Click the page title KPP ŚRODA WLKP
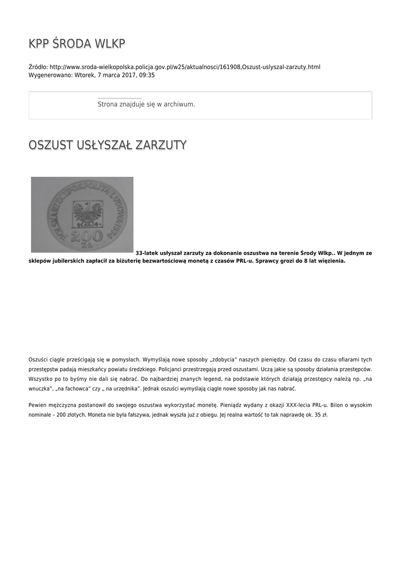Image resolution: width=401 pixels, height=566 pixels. [77, 44]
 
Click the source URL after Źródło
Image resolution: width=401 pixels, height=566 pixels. [185, 67]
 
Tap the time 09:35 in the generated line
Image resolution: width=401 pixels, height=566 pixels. [147, 75]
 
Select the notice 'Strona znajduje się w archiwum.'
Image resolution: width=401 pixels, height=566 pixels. [146, 104]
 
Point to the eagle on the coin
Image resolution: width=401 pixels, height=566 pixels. [87, 212]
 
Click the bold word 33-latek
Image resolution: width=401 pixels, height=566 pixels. [147, 253]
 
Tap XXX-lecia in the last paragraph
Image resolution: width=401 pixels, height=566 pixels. [294, 405]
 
